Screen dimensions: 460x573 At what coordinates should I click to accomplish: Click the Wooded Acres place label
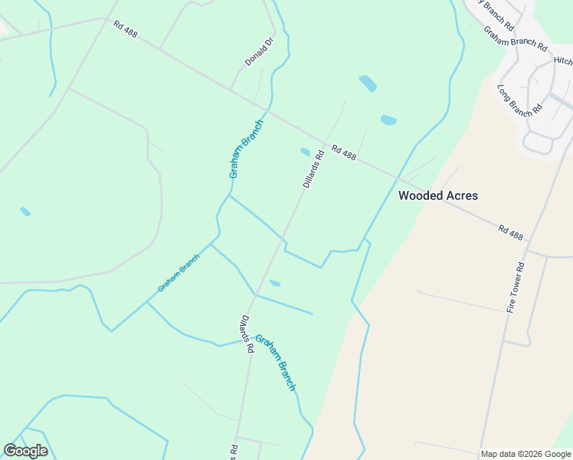[x=438, y=195]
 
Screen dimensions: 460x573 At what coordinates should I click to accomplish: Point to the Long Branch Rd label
[x=520, y=100]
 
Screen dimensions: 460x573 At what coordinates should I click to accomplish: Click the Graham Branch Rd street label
[x=515, y=38]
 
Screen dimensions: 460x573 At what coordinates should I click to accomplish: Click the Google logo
[x=25, y=451]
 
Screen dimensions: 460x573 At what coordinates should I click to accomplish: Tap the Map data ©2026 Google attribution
[x=526, y=454]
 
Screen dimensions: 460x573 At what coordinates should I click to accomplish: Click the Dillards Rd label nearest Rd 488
[x=313, y=169]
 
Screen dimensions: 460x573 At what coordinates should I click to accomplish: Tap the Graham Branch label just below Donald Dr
[x=246, y=149]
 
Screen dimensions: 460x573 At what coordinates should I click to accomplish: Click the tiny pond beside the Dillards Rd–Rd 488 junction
[x=305, y=152]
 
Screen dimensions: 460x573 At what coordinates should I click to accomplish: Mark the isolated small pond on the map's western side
[x=25, y=212]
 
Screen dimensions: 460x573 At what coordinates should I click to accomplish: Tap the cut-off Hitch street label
[x=562, y=61]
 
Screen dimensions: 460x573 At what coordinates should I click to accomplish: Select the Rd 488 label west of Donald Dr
[x=125, y=28]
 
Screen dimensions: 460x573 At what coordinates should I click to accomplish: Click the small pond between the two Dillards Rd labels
[x=274, y=284]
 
